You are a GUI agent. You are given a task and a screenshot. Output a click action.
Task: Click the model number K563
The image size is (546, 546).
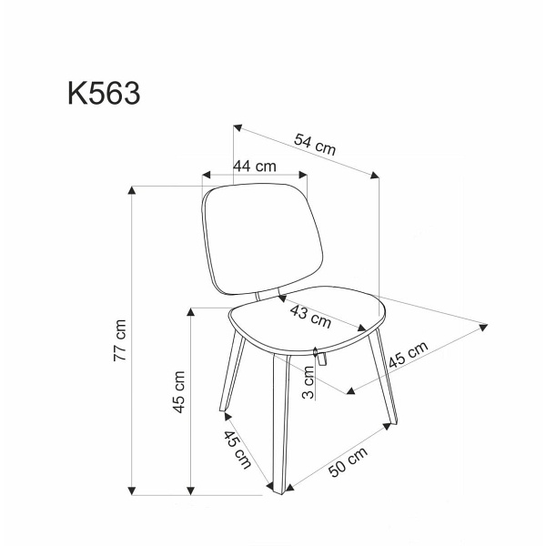point(104,93)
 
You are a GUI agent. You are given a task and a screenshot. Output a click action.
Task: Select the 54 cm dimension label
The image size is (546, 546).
point(315,144)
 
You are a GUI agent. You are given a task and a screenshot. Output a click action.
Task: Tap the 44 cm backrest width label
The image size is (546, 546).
point(255,167)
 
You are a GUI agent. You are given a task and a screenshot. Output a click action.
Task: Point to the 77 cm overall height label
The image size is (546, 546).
point(119,340)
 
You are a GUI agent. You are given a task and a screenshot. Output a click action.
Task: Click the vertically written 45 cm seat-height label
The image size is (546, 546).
point(179,391)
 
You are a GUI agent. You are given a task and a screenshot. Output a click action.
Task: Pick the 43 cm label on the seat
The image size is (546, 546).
point(310,316)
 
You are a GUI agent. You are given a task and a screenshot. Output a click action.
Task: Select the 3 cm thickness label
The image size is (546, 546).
point(308,382)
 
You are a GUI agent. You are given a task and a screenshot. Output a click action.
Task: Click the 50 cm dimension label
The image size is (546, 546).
point(348,461)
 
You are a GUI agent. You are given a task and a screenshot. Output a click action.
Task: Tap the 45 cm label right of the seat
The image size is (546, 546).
point(408,354)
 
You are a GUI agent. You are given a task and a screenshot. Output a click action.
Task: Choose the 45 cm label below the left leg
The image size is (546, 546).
point(238,450)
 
